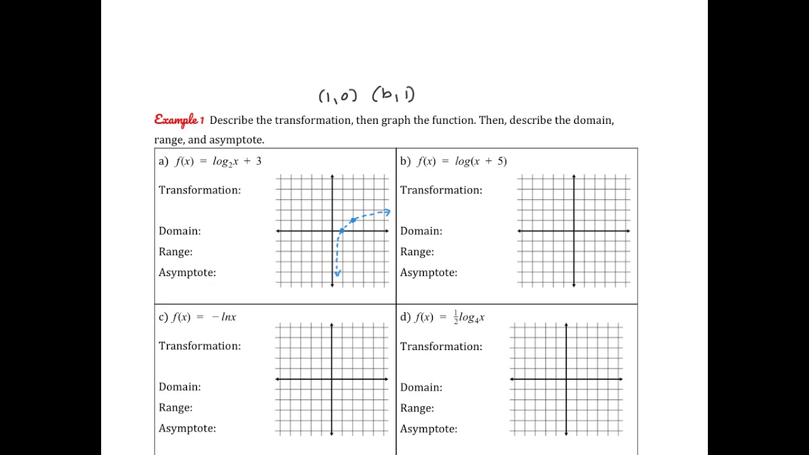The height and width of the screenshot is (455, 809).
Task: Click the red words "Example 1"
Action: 179,119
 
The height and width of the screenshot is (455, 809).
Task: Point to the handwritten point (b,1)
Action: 393,95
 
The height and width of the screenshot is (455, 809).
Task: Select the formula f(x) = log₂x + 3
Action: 218,161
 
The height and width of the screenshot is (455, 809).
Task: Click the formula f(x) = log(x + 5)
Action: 462,161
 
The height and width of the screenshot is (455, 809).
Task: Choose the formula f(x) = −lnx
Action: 204,317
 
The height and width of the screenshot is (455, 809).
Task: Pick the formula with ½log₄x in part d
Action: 450,317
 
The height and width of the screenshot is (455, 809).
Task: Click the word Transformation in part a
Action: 200,190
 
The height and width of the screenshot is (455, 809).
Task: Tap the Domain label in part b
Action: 421,231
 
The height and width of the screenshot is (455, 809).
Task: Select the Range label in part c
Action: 176,408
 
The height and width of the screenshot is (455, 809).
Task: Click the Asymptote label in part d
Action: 429,429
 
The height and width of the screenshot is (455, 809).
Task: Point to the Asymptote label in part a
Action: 187,273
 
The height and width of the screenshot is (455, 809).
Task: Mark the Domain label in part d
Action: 421,387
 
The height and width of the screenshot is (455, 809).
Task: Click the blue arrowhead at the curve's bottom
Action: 338,274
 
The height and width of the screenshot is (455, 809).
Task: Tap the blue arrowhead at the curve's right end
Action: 387,212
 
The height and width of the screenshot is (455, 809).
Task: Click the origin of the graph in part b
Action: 574,231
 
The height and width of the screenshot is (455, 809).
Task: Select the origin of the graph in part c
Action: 332,379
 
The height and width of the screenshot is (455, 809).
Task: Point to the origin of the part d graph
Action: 566,379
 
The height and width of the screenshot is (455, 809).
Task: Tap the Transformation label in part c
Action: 200,346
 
